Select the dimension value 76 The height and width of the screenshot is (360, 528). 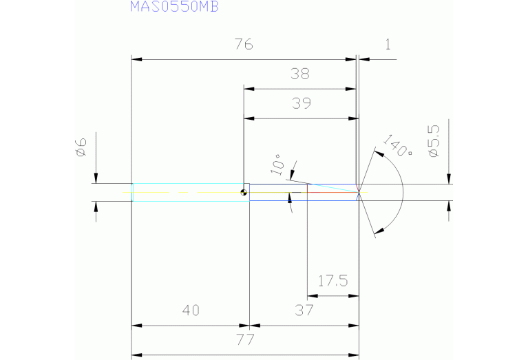244,45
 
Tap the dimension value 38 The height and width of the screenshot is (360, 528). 301,74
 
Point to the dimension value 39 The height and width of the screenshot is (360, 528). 301,104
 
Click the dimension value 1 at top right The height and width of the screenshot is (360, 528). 388,45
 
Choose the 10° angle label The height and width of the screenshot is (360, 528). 277,167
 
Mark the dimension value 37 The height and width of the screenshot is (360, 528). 304,310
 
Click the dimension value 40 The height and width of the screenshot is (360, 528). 191,310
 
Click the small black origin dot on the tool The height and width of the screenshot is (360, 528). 244,193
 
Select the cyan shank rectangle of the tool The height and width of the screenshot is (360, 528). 189,193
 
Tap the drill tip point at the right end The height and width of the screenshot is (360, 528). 359,193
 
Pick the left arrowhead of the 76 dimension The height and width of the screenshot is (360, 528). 136,60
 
